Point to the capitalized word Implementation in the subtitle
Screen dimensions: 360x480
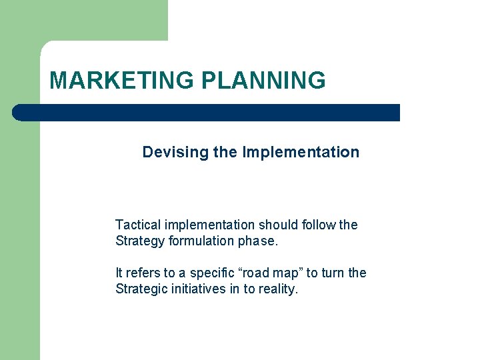[301, 153]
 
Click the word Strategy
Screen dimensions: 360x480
[140, 241]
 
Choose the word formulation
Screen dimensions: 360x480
[203, 241]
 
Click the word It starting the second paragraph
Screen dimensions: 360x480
[119, 273]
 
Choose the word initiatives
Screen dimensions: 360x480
[198, 289]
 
